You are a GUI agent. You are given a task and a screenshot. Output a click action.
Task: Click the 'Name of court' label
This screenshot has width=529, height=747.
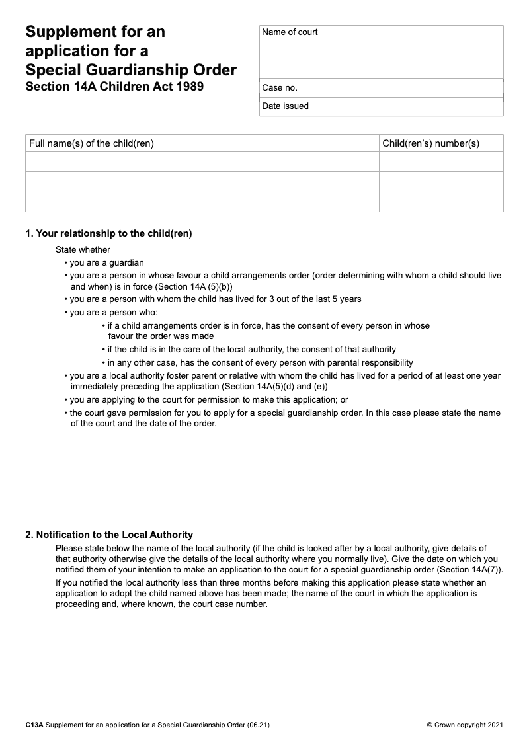[x=290, y=32]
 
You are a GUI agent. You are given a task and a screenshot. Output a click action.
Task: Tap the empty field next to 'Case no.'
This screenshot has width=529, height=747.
[x=413, y=88]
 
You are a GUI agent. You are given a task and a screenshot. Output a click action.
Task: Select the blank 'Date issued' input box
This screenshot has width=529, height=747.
[x=413, y=106]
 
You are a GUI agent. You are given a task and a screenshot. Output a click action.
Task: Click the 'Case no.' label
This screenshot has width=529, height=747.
[x=280, y=88]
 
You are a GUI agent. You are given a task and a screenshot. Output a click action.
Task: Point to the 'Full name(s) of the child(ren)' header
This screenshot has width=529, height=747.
[x=91, y=143]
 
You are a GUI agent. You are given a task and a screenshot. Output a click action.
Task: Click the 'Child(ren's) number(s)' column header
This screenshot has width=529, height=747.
[x=431, y=143]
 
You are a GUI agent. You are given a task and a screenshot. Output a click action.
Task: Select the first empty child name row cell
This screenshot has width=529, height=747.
[x=202, y=162]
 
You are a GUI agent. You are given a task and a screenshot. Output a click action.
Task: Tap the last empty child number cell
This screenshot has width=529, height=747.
[x=441, y=202]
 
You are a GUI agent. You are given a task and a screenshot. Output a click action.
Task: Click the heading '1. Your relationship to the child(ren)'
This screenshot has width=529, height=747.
[x=108, y=233]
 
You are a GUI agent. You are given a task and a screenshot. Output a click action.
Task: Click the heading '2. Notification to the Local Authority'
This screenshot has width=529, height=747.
[x=109, y=535]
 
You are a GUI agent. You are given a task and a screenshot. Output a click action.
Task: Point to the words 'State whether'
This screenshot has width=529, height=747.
[x=83, y=250]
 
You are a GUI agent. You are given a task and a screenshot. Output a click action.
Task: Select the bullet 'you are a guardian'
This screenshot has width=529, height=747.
[x=106, y=262]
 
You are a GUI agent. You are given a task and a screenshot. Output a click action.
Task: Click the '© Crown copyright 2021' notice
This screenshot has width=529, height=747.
[x=465, y=725]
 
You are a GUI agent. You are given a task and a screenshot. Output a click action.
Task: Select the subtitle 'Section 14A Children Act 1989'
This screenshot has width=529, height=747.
[x=114, y=87]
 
